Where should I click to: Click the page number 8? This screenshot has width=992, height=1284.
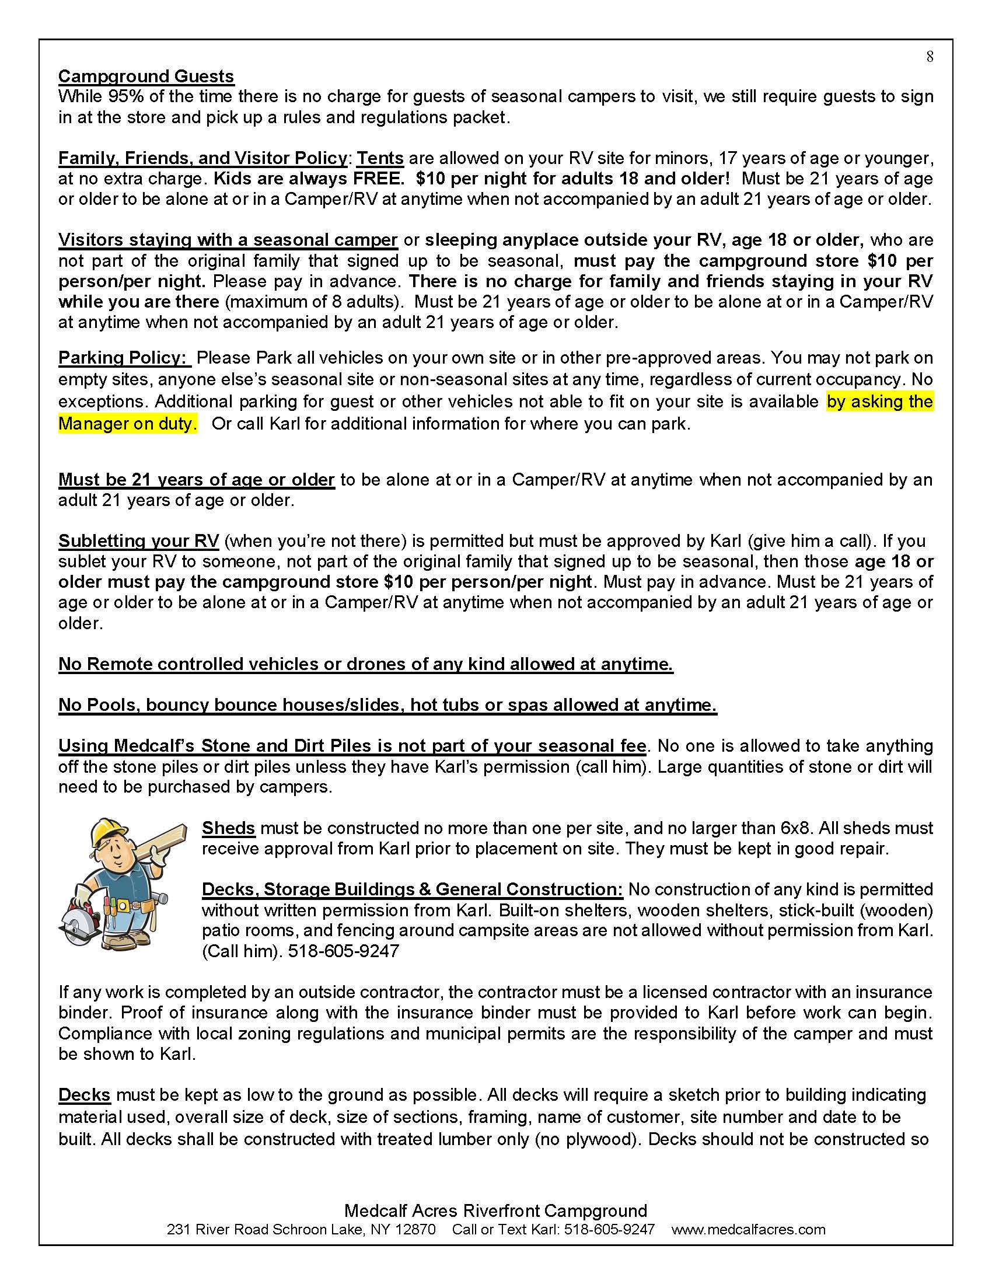pos(930,57)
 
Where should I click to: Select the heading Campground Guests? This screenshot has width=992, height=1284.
pos(146,76)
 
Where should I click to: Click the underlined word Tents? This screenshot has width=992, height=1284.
pos(380,158)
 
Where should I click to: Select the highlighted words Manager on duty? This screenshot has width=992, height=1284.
pos(128,424)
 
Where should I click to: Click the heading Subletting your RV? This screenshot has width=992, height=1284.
pos(139,541)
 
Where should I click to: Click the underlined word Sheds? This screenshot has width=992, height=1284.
pos(228,828)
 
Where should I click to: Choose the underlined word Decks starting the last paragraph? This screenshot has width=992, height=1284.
pos(84,1095)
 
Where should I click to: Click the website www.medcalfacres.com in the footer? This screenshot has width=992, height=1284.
pos(748,1230)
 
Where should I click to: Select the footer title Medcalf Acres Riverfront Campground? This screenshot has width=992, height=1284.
pos(495,1210)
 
